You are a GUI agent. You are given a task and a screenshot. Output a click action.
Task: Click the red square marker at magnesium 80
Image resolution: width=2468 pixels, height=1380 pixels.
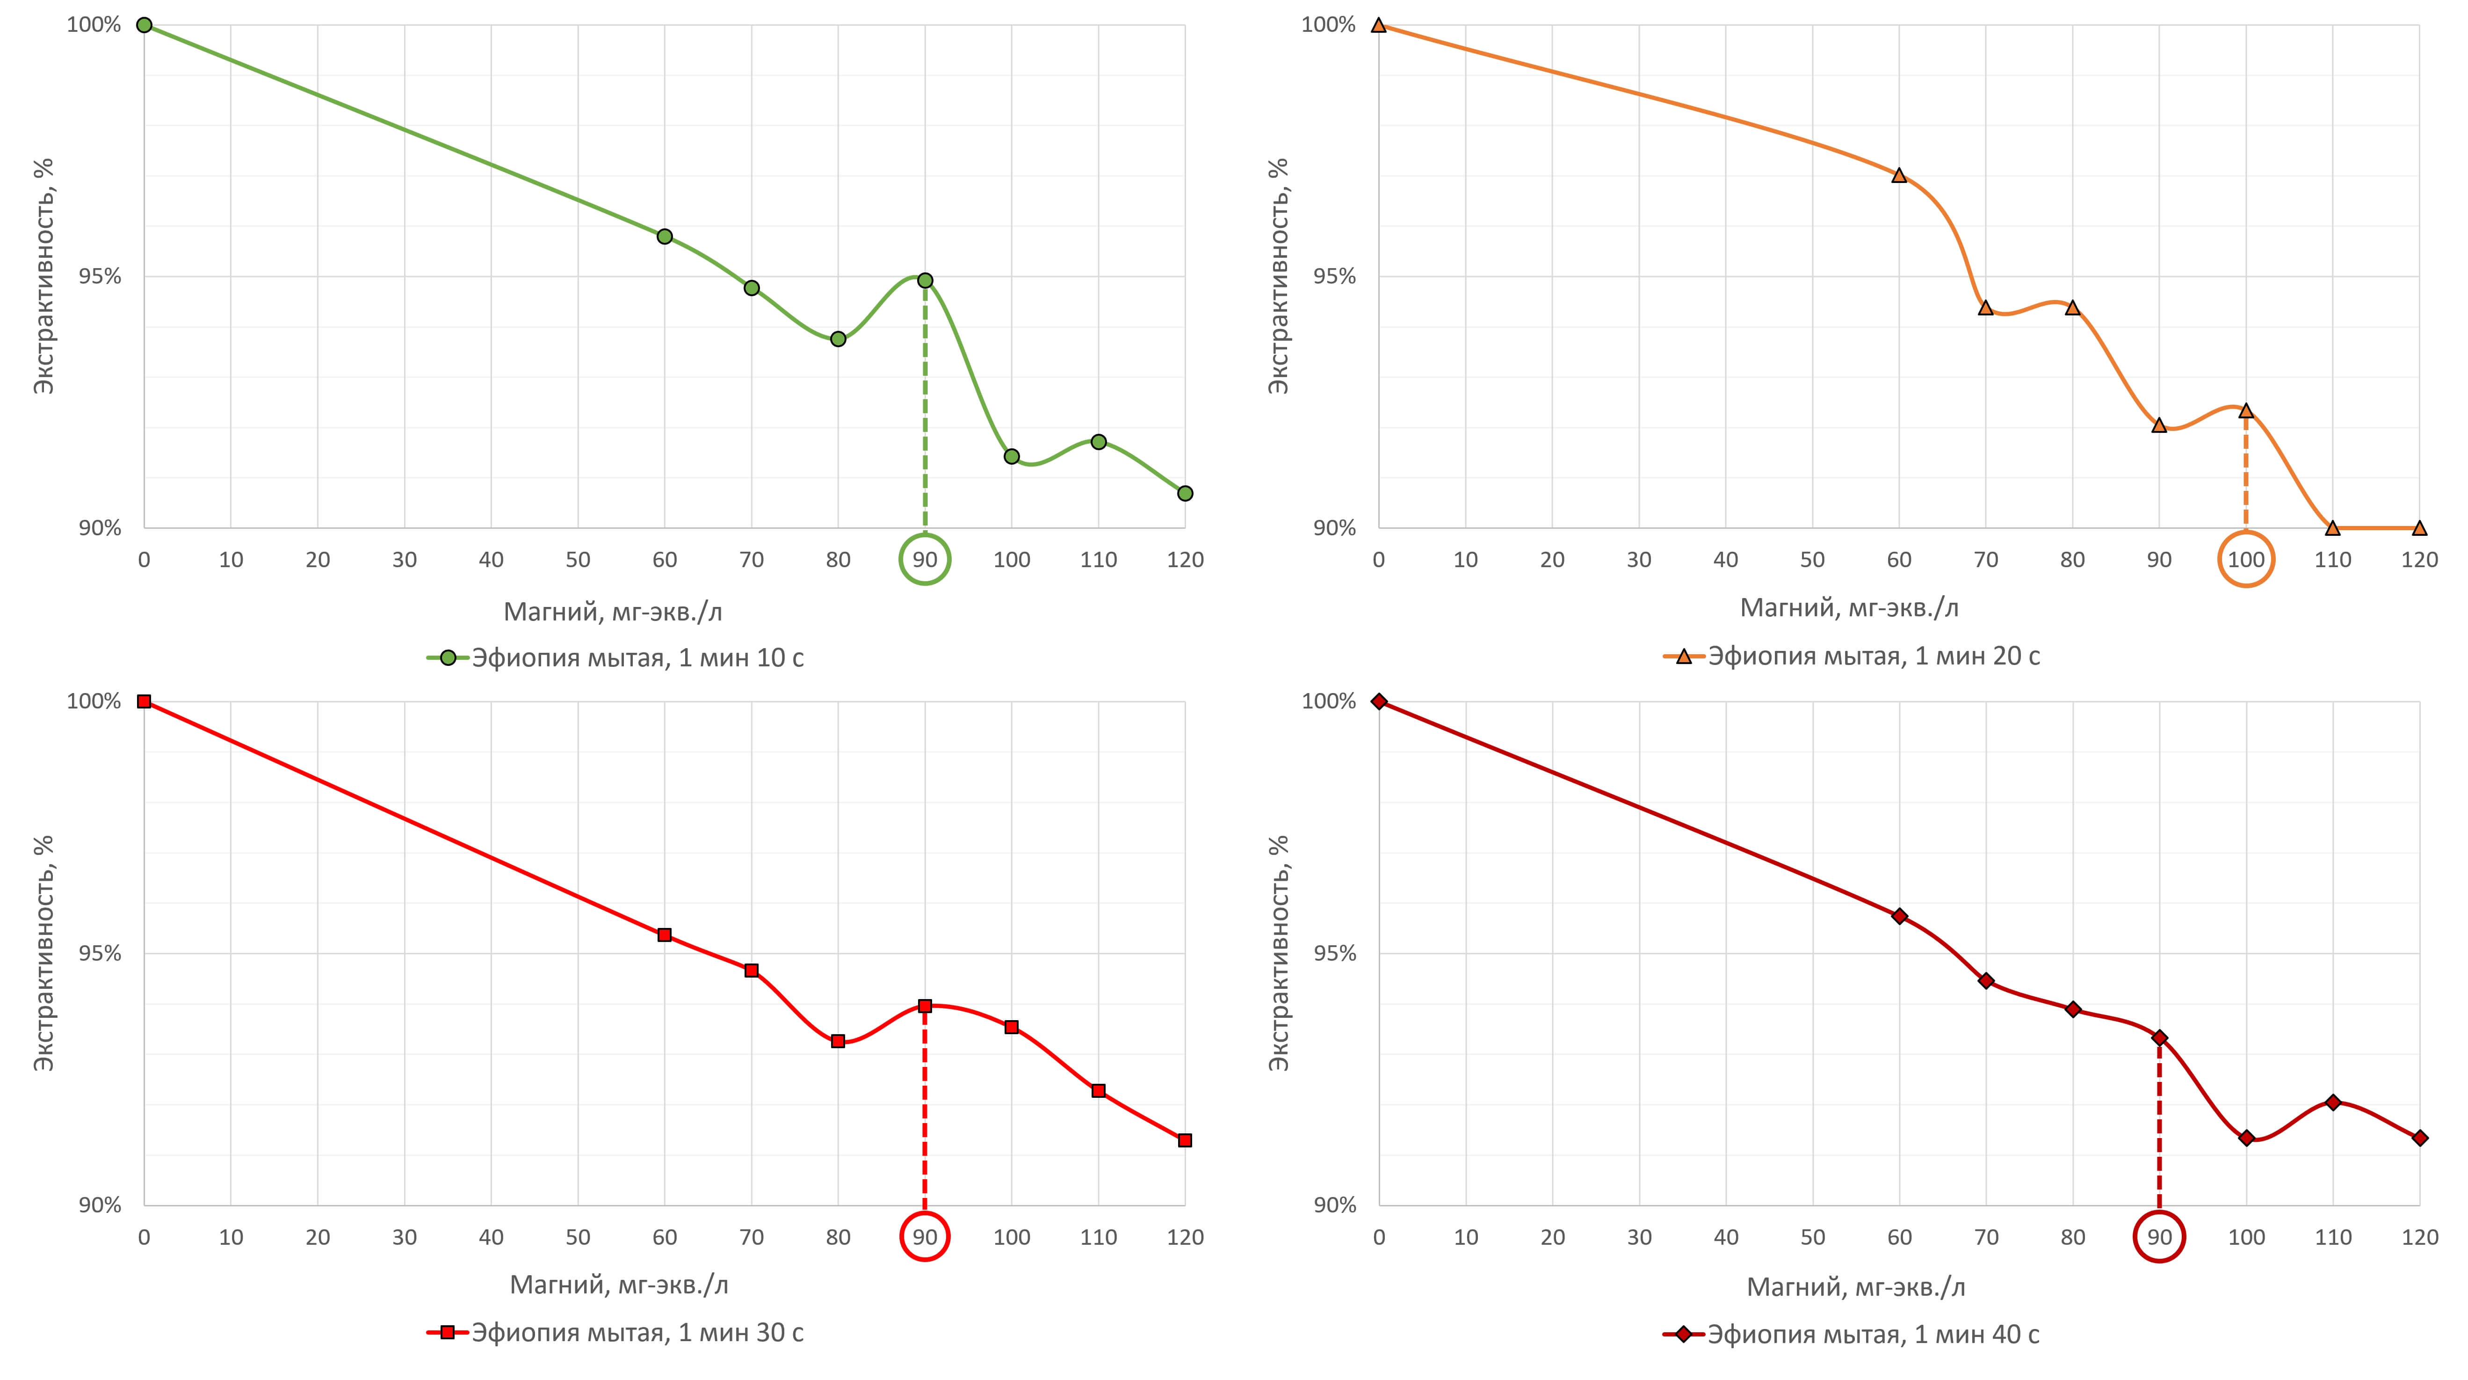pos(838,1041)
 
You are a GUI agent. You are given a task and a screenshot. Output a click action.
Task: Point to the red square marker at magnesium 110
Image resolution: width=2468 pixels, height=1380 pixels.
pos(1098,1091)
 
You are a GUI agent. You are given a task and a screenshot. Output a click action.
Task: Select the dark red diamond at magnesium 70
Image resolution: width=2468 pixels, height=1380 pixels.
pos(1986,980)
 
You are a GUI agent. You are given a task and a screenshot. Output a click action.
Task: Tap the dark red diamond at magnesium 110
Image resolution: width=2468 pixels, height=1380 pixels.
pos(2333,1102)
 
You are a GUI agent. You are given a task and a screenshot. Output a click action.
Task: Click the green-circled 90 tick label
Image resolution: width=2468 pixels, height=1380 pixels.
pos(925,560)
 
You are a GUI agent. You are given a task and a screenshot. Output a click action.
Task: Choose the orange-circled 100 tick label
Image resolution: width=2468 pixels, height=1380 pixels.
pos(2246,560)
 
